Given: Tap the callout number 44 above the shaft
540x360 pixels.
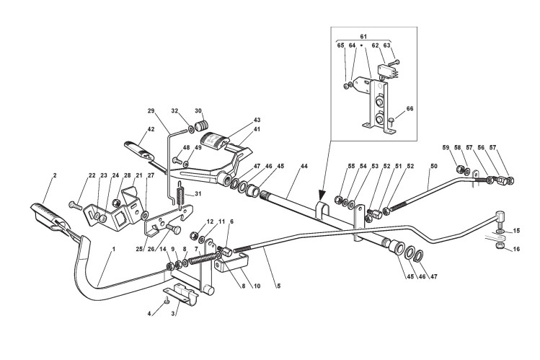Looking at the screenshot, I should click(304, 167).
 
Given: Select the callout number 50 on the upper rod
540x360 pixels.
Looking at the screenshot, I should click(432, 167).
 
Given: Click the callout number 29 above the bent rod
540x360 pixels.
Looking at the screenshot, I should click(151, 110).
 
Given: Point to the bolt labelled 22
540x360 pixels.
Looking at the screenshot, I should click(76, 205).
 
